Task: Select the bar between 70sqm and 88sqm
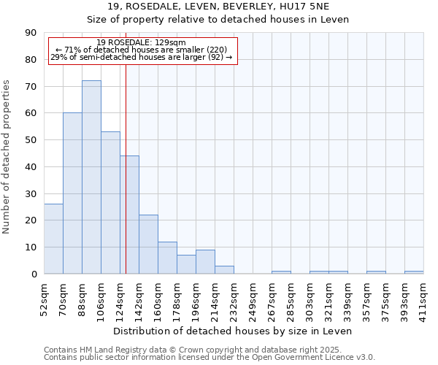point(72,193)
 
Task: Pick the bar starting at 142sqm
point(148,245)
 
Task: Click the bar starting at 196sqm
point(205,261)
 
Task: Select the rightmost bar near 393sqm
point(414,272)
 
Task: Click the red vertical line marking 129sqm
point(126,182)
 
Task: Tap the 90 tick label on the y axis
point(31,33)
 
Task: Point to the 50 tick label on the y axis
point(31,140)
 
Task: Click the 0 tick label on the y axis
point(34,274)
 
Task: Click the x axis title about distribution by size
point(233,331)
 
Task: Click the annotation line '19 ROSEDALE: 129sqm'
point(142,42)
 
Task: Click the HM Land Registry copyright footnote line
point(208,350)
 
